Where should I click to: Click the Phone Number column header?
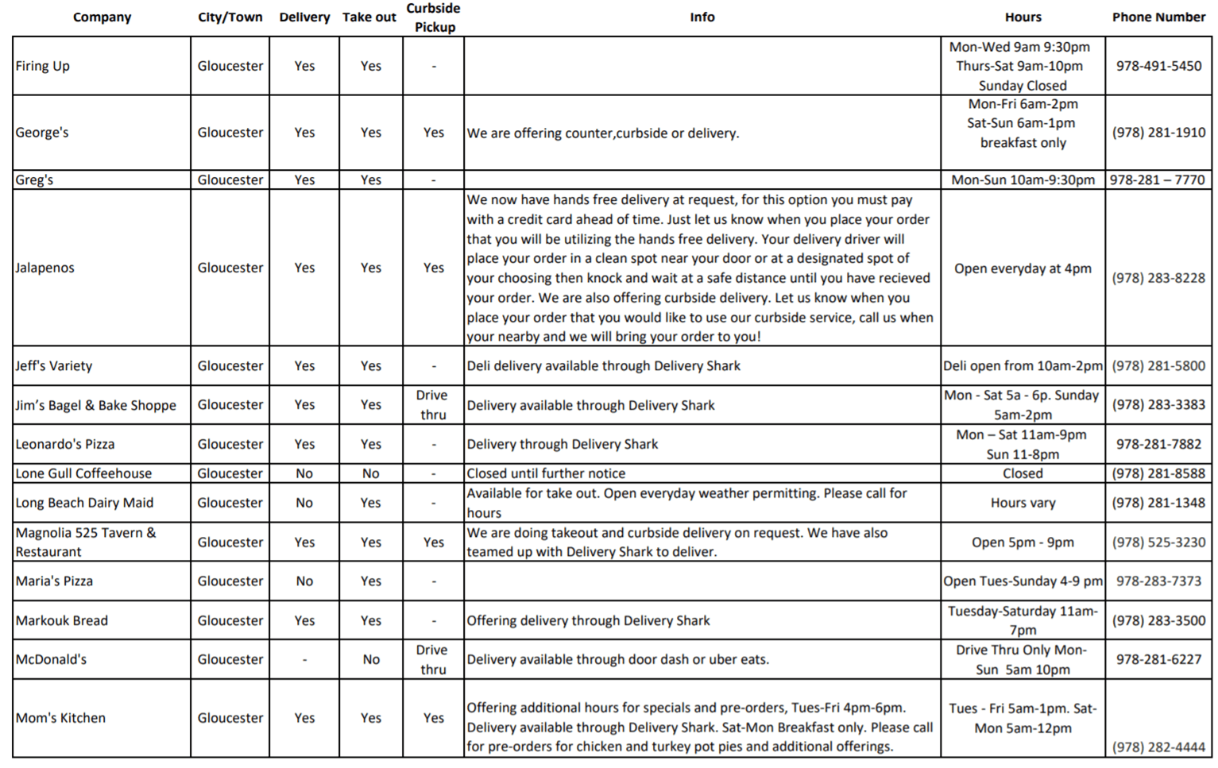[1158, 17]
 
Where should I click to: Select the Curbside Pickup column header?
[433, 17]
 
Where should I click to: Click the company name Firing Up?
[43, 66]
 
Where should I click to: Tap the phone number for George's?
[1158, 133]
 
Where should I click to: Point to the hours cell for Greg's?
[1023, 180]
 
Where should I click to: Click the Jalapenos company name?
[45, 268]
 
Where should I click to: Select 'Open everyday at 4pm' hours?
[1023, 268]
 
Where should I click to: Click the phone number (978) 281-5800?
[1158, 366]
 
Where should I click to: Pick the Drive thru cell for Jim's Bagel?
[433, 405]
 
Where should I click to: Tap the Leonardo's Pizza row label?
[65, 444]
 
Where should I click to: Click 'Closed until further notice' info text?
[546, 473]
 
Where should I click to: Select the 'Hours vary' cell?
[1023, 503]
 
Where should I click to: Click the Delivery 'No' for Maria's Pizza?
[304, 581]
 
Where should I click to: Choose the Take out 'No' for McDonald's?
[371, 659]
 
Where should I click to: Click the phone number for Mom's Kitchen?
[1158, 747]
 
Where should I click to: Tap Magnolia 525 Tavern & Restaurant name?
[85, 542]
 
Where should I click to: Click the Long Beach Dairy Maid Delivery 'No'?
[304, 503]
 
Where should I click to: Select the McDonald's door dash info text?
[617, 659]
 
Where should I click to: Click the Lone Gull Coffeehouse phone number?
[1158, 473]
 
